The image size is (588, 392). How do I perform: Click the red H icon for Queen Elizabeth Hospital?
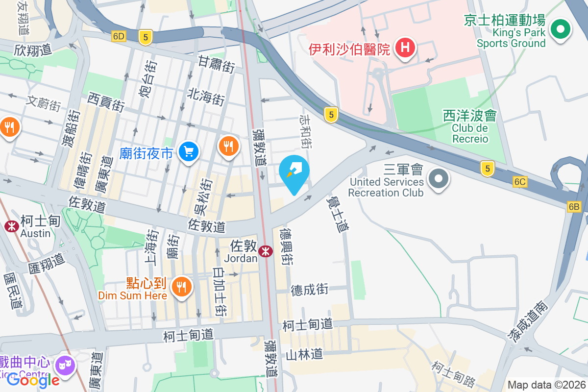pyautogui.click(x=405, y=48)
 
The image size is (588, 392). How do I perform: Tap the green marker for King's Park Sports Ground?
pyautogui.click(x=559, y=29)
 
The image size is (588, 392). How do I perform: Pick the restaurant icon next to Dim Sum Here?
pyautogui.click(x=182, y=286)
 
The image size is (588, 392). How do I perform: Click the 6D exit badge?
pyautogui.click(x=119, y=36)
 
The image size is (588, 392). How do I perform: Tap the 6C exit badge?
pyautogui.click(x=520, y=182)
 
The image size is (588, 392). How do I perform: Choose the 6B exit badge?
pyautogui.click(x=574, y=207)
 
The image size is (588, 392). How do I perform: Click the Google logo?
pyautogui.click(x=33, y=380)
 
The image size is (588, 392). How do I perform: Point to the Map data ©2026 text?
pyautogui.click(x=546, y=385)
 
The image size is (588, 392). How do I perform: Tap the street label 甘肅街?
pyautogui.click(x=217, y=64)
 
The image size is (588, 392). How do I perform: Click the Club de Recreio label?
pyautogui.click(x=470, y=133)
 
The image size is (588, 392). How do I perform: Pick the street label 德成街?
pyautogui.click(x=309, y=289)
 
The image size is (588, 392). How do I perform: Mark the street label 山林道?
pyautogui.click(x=304, y=354)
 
